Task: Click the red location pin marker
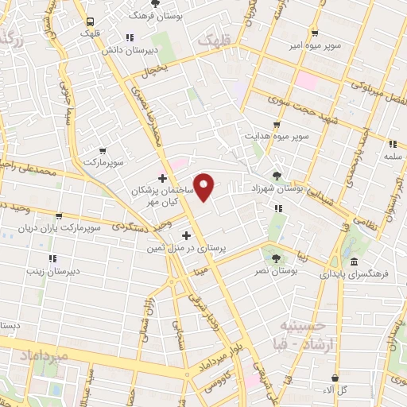click(205, 188)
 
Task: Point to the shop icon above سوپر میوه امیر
click(315, 33)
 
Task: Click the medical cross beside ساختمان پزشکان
click(163, 178)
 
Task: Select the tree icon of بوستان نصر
click(276, 258)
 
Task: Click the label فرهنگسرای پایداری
click(355, 273)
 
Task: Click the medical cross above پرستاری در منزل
click(188, 235)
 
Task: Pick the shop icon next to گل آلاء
click(335, 378)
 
